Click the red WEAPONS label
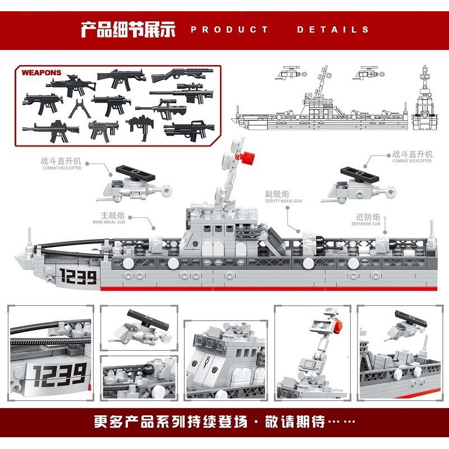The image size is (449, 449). tap(42, 73)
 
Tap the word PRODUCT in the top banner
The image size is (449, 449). tap(230, 30)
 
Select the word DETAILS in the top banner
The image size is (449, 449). tap(333, 30)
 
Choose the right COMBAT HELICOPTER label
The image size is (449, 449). tap(412, 157)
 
